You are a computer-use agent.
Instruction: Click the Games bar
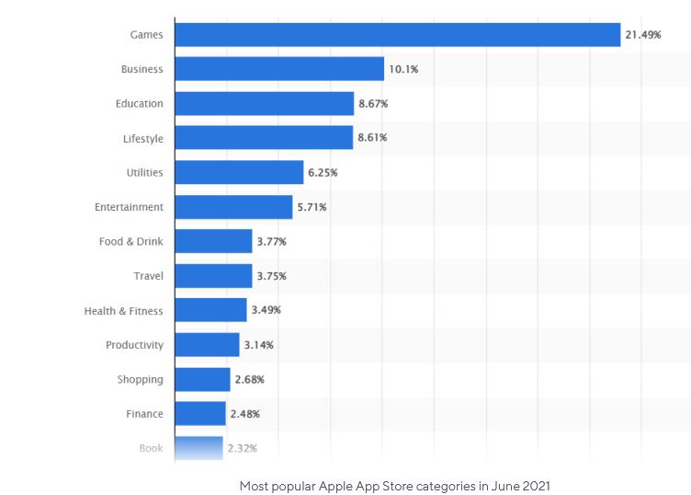point(397,35)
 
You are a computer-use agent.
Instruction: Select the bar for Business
point(279,69)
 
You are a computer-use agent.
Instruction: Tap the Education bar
point(264,104)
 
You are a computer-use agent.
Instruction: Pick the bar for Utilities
point(239,173)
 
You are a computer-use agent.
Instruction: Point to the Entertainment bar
point(233,207)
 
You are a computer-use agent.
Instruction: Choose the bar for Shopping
point(202,379)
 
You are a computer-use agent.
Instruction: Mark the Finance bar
point(200,414)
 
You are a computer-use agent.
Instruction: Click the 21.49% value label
point(643,35)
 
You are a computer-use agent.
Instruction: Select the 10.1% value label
point(405,69)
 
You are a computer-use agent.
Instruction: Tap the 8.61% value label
point(373,138)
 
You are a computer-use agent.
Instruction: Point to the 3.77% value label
point(272,242)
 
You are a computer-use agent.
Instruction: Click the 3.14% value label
point(259,345)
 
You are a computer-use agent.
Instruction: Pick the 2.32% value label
point(242,448)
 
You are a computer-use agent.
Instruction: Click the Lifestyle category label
point(143,139)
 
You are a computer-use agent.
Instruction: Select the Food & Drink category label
point(131,242)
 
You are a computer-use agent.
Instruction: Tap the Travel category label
point(148,276)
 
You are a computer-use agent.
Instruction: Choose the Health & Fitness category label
point(123,311)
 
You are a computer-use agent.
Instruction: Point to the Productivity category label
point(134,345)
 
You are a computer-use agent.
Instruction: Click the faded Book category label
point(151,448)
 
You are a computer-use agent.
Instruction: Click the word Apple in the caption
point(337,485)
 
